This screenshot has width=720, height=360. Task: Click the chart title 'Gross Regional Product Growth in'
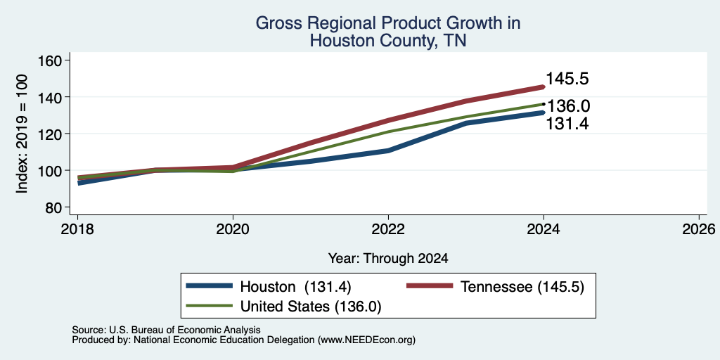(388, 23)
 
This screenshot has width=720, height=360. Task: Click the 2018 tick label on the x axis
(77, 229)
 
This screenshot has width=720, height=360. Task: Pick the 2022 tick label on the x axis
(388, 229)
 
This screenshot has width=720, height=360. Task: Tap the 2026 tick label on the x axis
(699, 229)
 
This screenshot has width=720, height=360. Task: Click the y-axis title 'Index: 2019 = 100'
(22, 134)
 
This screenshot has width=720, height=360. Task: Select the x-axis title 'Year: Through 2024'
(388, 259)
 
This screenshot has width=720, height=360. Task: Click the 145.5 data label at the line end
(567, 79)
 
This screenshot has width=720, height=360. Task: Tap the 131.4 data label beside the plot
(567, 124)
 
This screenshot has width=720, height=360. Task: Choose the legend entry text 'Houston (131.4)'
(296, 287)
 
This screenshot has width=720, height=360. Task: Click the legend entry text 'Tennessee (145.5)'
(522, 287)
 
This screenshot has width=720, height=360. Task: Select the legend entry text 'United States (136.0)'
(311, 307)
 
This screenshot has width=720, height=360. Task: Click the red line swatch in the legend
(430, 286)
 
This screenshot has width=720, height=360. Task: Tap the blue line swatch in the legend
(210, 286)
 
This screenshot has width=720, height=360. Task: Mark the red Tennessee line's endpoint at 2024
(544, 86)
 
